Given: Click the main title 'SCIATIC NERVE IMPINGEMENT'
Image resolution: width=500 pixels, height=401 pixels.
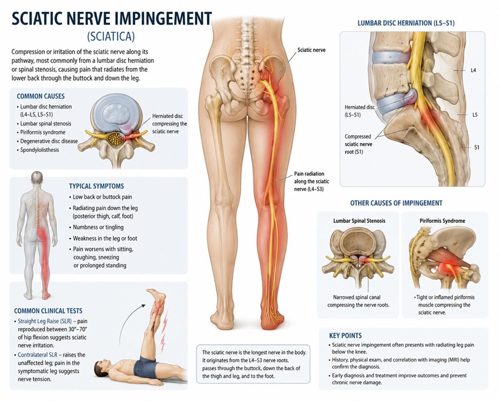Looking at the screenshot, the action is [x=112, y=18].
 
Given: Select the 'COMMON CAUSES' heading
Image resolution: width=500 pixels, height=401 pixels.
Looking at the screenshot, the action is [x=41, y=96].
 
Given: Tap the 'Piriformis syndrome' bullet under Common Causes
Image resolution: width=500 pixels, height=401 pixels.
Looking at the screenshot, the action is [x=43, y=132].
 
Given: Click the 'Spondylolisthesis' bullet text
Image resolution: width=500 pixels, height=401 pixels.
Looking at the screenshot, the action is [x=39, y=150].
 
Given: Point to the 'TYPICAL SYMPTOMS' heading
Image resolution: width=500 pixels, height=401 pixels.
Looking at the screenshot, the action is [x=96, y=186].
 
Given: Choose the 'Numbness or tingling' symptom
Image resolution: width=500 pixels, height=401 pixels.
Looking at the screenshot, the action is [x=98, y=227].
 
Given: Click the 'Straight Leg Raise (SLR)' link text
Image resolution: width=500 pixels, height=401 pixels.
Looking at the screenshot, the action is [x=44, y=321].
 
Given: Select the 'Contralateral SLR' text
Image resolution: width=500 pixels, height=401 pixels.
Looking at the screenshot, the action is [x=38, y=355].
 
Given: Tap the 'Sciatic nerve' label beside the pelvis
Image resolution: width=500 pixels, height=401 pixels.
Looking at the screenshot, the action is [x=311, y=50].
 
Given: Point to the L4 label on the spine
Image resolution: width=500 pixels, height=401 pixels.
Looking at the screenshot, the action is [x=473, y=70].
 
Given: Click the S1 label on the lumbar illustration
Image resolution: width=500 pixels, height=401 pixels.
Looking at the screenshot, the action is [x=477, y=148].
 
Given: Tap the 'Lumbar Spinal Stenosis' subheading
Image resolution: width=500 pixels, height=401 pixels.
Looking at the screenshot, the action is [x=359, y=221].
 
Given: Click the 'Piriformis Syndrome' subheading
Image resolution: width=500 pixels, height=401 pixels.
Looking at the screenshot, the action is [x=442, y=221].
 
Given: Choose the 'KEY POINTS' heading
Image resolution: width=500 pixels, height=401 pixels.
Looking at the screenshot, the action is [x=345, y=335].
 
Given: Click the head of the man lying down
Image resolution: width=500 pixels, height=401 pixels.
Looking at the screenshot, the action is [x=101, y=368].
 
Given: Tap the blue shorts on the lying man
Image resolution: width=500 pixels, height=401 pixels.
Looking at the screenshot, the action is [x=145, y=366].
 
